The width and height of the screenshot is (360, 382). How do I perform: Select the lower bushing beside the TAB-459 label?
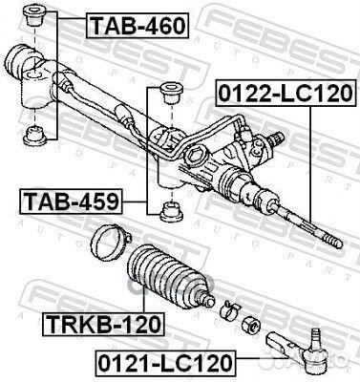point(171,210)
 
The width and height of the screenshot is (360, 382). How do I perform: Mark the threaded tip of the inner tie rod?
point(335,243)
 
